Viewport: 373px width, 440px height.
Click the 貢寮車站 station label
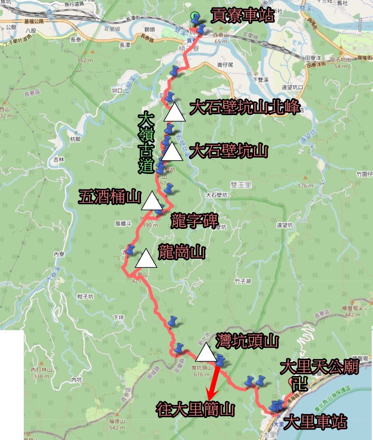click(x=242, y=16)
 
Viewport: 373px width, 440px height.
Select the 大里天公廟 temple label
click(x=320, y=368)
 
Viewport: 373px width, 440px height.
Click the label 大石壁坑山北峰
click(x=244, y=108)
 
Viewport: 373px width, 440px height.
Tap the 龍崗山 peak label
click(x=181, y=252)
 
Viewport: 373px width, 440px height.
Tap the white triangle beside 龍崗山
click(x=146, y=259)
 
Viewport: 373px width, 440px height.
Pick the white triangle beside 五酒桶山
click(x=152, y=200)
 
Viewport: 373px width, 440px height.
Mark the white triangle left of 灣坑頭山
click(x=206, y=353)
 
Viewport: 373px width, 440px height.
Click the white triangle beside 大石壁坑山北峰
click(x=175, y=112)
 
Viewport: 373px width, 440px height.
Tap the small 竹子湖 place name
click(x=243, y=282)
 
